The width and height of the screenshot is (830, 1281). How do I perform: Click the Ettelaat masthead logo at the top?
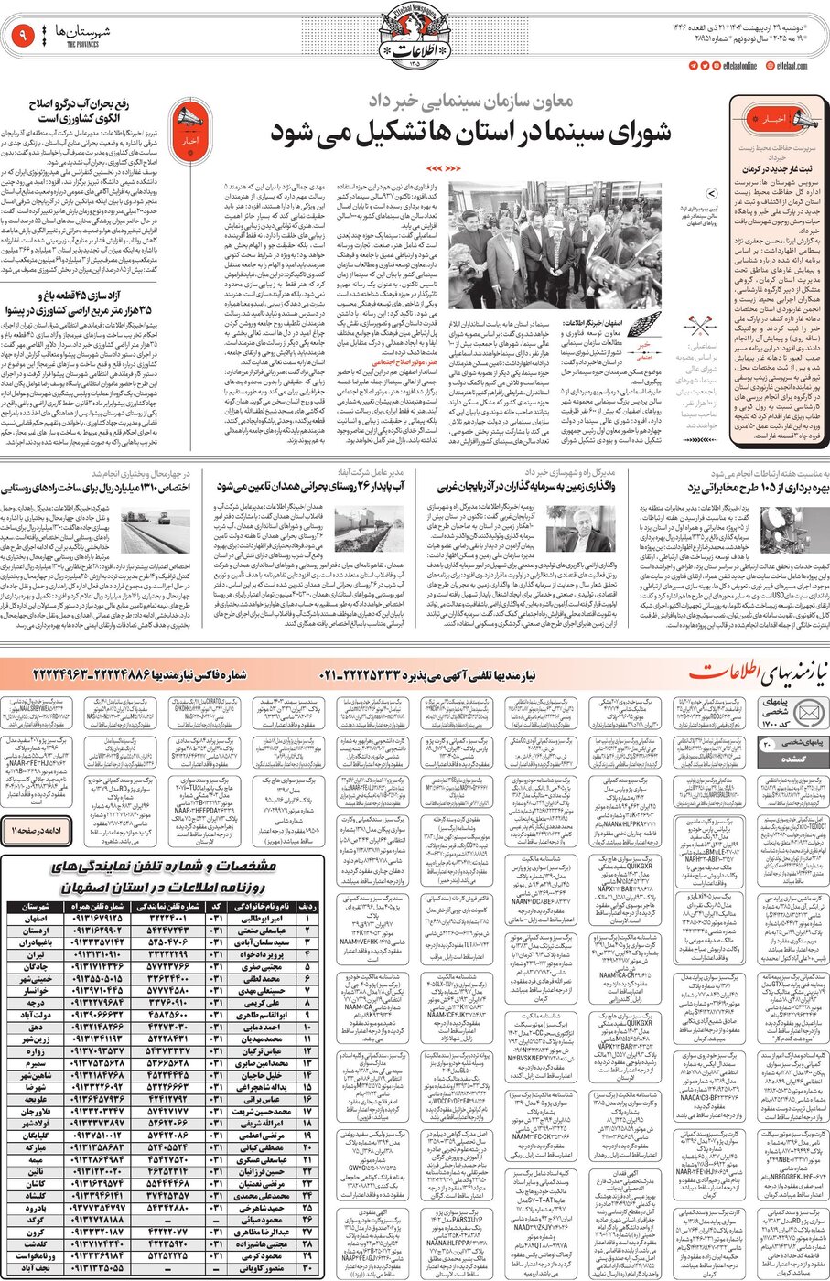[x=415, y=40]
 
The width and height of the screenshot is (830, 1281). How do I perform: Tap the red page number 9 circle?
[x=20, y=38]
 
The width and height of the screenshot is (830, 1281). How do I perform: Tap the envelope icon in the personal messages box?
[x=809, y=712]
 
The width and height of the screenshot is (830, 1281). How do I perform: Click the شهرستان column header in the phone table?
[x=33, y=906]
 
